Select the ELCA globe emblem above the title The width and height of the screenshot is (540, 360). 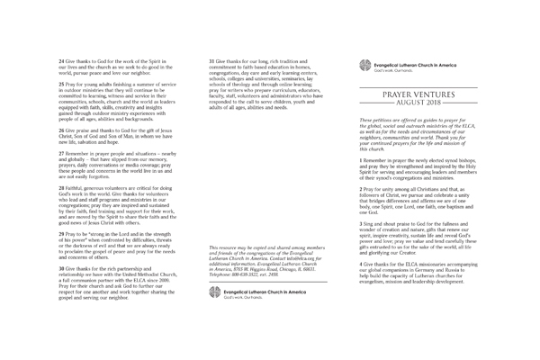pos(363,65)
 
